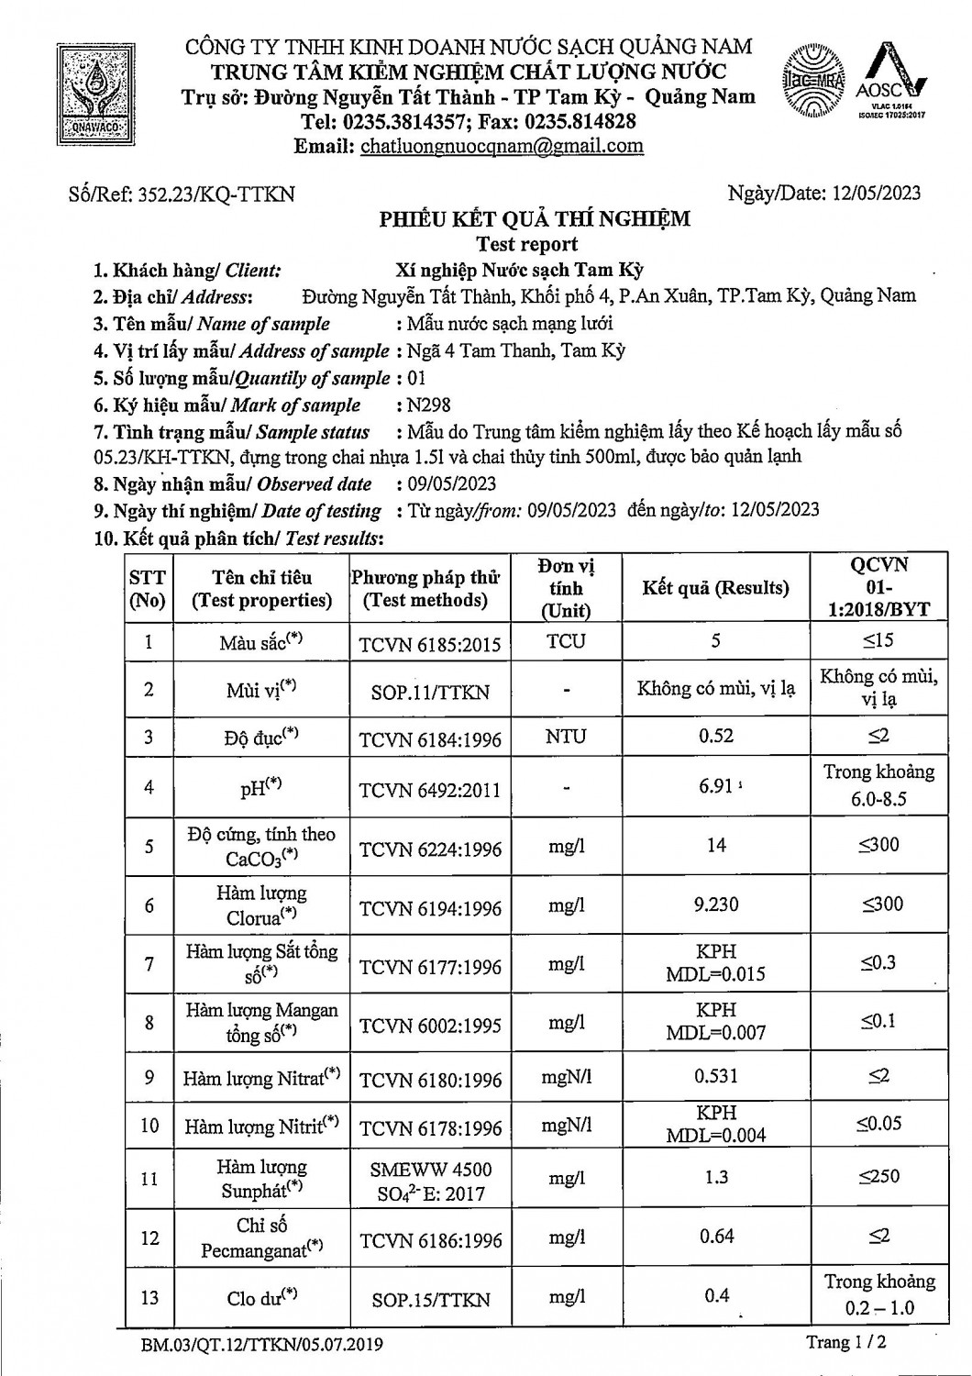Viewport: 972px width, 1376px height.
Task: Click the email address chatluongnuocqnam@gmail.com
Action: click(x=502, y=146)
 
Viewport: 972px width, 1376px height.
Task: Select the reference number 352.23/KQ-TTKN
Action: click(x=215, y=194)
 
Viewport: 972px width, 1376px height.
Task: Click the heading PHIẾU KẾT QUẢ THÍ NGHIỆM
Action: click(x=535, y=218)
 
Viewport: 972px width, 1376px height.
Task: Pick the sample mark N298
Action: click(x=429, y=405)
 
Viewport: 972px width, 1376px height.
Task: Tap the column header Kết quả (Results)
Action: click(x=715, y=588)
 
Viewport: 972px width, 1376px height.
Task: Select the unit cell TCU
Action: click(x=566, y=641)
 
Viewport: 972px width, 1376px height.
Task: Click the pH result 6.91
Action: click(x=715, y=786)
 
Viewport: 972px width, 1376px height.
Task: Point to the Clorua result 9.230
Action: click(x=716, y=904)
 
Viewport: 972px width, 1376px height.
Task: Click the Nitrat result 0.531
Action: click(x=716, y=1075)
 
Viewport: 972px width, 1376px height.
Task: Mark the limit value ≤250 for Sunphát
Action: click(x=878, y=1176)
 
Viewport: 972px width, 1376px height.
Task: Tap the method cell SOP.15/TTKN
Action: click(x=430, y=1299)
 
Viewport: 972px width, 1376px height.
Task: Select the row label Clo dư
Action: click(x=261, y=1297)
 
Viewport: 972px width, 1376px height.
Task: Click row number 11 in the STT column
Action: click(x=149, y=1178)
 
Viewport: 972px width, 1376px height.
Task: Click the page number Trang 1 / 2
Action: click(x=845, y=1342)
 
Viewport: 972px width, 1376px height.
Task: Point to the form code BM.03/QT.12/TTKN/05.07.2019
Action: click(x=262, y=1346)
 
